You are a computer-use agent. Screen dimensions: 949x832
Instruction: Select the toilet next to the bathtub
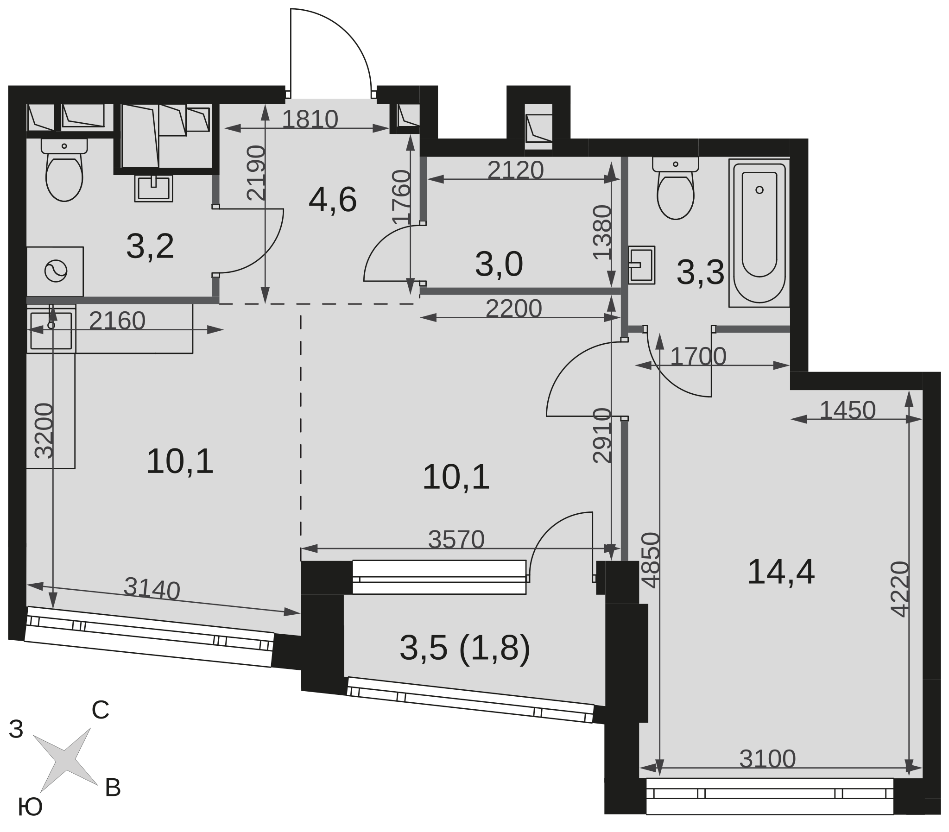click(x=676, y=188)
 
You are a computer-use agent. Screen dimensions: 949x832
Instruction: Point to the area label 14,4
click(x=780, y=573)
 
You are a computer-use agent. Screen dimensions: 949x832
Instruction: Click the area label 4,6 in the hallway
click(x=332, y=200)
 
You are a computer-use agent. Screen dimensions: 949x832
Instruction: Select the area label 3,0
click(x=499, y=265)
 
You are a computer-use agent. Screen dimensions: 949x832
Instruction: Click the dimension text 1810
click(x=310, y=120)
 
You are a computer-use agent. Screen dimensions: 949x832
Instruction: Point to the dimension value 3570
click(x=456, y=540)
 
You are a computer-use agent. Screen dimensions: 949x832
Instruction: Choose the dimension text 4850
click(x=652, y=561)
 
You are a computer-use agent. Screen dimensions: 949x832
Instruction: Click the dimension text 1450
click(x=848, y=410)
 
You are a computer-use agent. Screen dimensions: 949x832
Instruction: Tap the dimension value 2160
click(x=117, y=321)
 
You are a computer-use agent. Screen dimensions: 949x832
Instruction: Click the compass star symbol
click(x=65, y=760)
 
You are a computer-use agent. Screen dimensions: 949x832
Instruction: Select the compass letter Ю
click(x=30, y=807)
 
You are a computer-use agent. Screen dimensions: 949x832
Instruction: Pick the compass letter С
click(x=100, y=710)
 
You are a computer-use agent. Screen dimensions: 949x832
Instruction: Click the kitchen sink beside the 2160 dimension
click(x=51, y=329)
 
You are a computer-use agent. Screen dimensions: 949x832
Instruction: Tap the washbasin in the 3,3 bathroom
click(x=642, y=265)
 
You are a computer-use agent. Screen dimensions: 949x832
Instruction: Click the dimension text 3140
click(x=152, y=589)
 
